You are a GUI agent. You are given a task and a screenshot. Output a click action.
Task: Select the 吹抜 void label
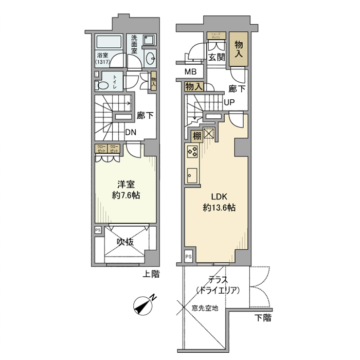[x=125, y=241]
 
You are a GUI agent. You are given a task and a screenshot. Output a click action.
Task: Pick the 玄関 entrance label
[x=217, y=58]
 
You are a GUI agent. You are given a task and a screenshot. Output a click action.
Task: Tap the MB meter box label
[x=190, y=72]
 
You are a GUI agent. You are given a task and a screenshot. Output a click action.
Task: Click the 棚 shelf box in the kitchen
[x=196, y=136]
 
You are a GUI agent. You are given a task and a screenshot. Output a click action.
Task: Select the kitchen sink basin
[x=192, y=174]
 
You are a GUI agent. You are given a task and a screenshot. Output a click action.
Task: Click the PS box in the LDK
[x=188, y=256]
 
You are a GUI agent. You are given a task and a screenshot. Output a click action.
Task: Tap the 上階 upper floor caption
[x=151, y=275]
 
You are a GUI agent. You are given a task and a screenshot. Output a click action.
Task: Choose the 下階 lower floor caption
[x=263, y=318]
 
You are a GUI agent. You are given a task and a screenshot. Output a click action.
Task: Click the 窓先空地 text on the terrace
[x=205, y=309]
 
